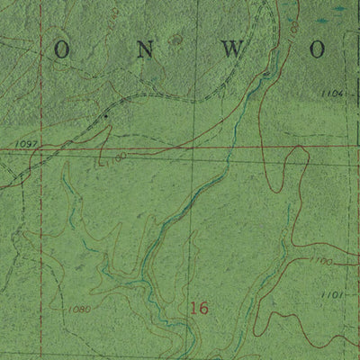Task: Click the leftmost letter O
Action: [x=61, y=51]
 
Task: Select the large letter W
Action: [x=232, y=51]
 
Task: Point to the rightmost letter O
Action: [x=318, y=51]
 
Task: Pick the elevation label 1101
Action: [x=331, y=293]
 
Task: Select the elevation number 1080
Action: [x=80, y=309]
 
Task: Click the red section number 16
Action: [x=199, y=308]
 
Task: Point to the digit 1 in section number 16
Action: [x=193, y=308]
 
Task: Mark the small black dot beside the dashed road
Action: [x=105, y=116]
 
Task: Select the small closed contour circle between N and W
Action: [x=177, y=40]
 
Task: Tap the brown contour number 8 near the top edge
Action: [x=293, y=30]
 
